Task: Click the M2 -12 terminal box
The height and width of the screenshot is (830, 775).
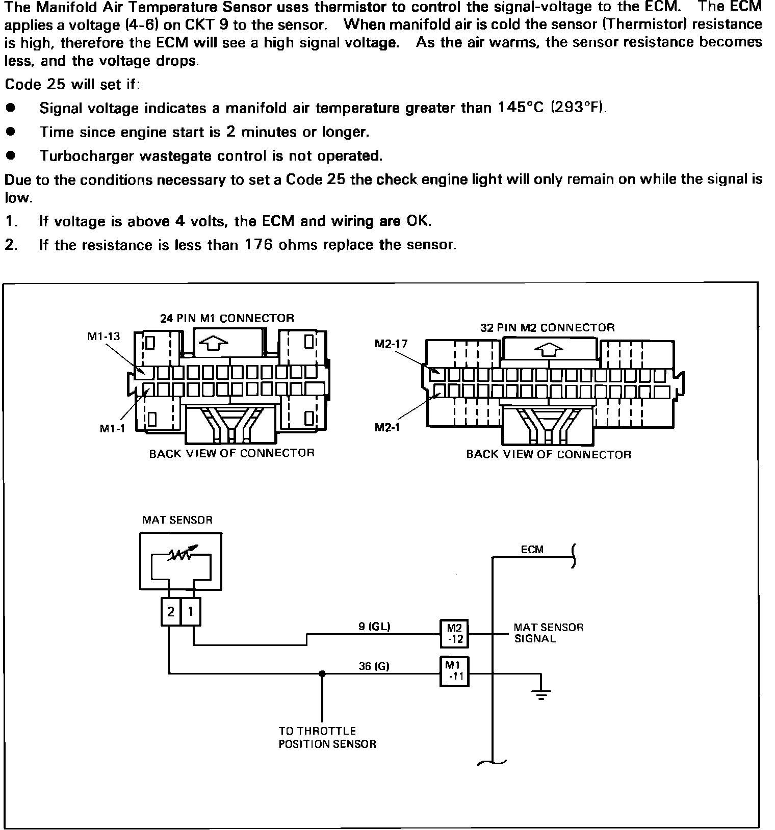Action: click(x=454, y=634)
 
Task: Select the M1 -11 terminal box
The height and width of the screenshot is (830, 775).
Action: click(x=454, y=672)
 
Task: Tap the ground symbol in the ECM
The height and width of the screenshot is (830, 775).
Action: click(x=541, y=693)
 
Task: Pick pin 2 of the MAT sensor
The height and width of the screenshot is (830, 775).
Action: click(x=171, y=611)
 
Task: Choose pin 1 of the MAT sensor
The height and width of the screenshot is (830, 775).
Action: click(x=191, y=611)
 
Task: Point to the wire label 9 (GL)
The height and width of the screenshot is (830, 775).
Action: click(x=374, y=627)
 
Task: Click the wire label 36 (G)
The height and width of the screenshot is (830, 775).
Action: click(x=374, y=666)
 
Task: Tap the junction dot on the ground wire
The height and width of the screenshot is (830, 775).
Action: click(x=322, y=673)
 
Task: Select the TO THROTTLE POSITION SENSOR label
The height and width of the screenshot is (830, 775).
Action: click(x=327, y=737)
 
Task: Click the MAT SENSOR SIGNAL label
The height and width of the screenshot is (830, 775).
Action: click(x=548, y=633)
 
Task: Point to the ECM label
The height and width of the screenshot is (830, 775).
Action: click(x=532, y=550)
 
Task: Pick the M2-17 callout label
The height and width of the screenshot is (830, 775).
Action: click(x=391, y=344)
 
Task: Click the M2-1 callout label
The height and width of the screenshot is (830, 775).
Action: click(x=387, y=427)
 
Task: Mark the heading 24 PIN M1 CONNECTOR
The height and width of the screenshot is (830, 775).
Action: click(x=227, y=318)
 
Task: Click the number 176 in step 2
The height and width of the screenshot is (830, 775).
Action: click(x=260, y=245)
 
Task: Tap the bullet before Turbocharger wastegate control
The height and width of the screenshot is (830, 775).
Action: click(x=10, y=155)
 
